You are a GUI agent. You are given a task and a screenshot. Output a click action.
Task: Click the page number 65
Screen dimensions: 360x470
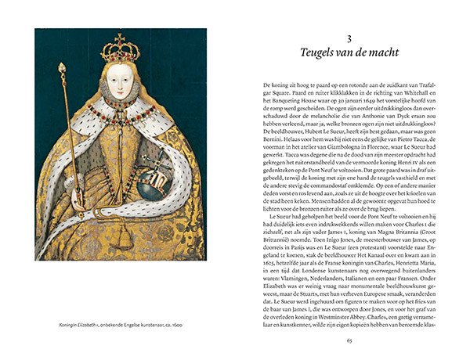pos(349,340)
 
